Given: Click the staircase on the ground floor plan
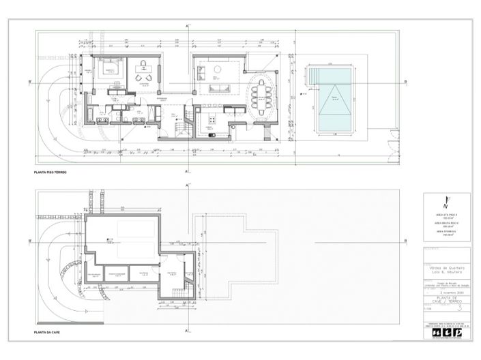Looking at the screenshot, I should point(181,126).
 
